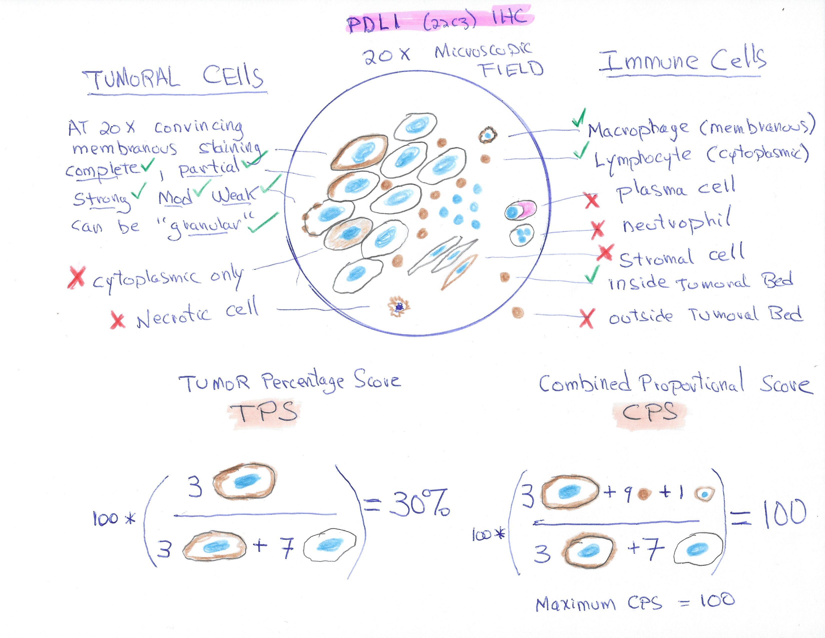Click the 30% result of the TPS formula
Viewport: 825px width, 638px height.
tap(419, 503)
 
